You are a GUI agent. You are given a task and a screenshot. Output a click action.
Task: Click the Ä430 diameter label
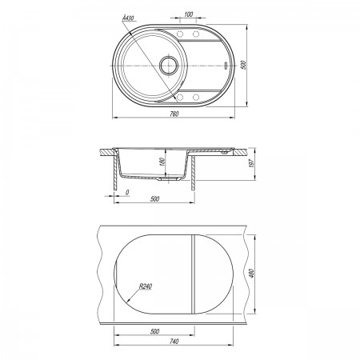(128, 18)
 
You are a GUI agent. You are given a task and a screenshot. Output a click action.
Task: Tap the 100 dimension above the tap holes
(189, 14)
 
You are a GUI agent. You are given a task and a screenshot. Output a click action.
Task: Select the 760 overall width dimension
(174, 114)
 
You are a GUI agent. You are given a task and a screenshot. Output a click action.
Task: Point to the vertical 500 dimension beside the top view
(243, 65)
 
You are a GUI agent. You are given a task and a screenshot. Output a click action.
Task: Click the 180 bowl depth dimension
(162, 162)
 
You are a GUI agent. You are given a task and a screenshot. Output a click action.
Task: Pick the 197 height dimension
(251, 162)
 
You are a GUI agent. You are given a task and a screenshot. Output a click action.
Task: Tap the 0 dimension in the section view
(127, 192)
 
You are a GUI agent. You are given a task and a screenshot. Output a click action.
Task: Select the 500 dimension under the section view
(154, 199)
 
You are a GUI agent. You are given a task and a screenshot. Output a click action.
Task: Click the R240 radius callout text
(146, 286)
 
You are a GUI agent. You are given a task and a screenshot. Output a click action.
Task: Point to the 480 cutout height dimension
(251, 274)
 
